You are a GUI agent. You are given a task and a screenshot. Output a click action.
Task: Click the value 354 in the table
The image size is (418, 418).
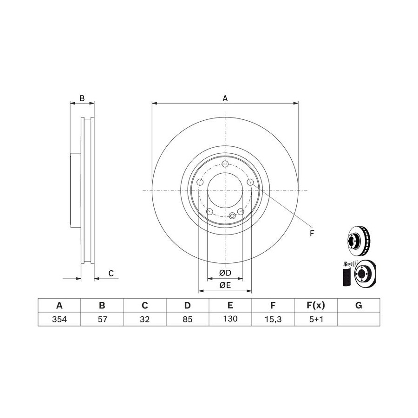point(59,319)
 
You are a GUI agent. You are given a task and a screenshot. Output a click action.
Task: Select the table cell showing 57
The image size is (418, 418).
point(102,319)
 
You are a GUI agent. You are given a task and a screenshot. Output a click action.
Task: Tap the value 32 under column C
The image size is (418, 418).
point(145,319)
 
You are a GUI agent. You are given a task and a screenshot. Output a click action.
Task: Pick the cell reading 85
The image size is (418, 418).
point(188,319)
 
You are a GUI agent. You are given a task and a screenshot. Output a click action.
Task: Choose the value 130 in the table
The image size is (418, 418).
point(230,319)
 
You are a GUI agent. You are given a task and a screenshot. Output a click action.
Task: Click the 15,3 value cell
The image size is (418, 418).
point(273,319)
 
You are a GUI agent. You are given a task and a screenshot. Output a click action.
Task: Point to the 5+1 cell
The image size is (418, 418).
point(316,319)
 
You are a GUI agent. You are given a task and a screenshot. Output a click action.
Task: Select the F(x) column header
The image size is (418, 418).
point(316,305)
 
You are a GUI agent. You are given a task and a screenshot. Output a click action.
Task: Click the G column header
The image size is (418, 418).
point(359,305)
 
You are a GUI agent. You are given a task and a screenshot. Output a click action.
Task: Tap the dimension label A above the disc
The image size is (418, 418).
point(225,98)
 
